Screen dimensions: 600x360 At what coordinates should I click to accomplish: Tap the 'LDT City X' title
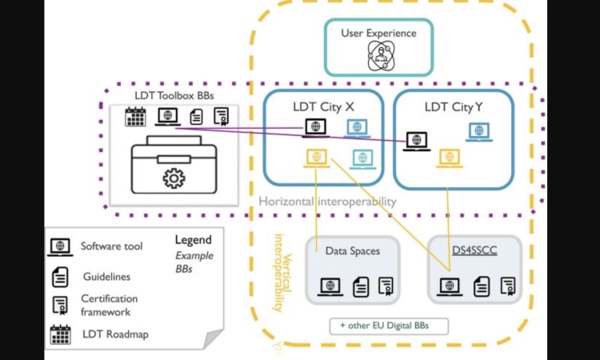(324, 106)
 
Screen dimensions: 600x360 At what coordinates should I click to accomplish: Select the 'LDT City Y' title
(454, 106)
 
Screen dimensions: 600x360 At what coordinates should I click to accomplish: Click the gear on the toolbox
(174, 178)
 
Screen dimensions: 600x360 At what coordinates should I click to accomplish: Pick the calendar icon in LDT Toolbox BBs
(135, 117)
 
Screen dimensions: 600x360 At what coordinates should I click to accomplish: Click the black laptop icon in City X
(316, 128)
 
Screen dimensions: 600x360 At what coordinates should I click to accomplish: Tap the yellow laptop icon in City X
(317, 158)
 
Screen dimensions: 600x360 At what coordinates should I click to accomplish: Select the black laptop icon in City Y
(417, 141)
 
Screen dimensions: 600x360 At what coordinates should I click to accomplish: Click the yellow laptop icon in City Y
(450, 158)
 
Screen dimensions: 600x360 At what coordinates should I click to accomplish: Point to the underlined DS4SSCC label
(474, 250)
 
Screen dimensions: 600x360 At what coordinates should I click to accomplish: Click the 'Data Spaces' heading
(353, 251)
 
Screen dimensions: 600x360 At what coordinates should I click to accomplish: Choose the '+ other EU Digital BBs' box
(389, 326)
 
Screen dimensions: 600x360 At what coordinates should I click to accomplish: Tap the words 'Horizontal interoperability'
(327, 202)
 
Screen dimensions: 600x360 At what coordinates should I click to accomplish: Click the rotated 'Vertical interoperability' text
(282, 272)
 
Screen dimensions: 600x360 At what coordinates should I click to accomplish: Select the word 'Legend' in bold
(194, 240)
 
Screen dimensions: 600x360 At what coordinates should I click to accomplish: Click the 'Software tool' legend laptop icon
(60, 247)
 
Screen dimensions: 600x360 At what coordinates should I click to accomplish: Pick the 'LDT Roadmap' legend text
(115, 334)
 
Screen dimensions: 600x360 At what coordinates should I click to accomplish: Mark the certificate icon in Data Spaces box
(386, 286)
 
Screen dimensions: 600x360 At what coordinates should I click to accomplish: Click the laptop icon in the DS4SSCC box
(450, 287)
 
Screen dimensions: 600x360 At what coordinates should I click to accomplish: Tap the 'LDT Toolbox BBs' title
(174, 95)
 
